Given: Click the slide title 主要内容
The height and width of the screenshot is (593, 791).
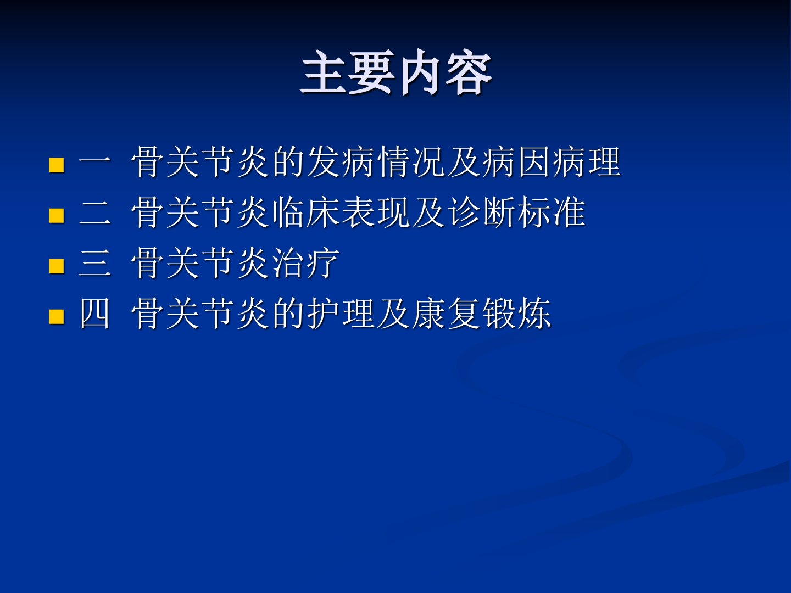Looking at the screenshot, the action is pos(396,72).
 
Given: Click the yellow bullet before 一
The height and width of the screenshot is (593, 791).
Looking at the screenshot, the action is pos(57,165).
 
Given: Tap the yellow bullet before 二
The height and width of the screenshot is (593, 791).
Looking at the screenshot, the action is pos(57,216).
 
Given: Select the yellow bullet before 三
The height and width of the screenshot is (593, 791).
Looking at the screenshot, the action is pos(57,266).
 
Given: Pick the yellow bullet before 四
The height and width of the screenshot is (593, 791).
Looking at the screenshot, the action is pos(57,317).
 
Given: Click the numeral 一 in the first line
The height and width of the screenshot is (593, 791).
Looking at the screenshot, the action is pos(94,163).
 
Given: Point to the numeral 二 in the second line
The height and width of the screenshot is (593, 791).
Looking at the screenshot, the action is pos(94,213).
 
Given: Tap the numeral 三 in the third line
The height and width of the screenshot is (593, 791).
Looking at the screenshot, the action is pos(94,263).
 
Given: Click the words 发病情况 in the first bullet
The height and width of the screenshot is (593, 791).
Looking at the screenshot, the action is pos(375,162).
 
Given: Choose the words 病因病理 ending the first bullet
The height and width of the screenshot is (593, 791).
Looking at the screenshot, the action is pos(552,162).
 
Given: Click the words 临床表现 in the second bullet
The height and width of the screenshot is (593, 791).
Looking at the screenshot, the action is pos(341,212).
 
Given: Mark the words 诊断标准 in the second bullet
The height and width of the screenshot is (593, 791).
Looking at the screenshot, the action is pos(517,212).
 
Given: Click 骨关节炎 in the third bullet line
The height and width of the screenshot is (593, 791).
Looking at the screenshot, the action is pos(199,263).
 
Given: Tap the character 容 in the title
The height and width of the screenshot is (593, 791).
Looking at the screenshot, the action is pos(469,72).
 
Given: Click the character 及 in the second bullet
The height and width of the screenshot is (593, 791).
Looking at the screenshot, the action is pos(428,212).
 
